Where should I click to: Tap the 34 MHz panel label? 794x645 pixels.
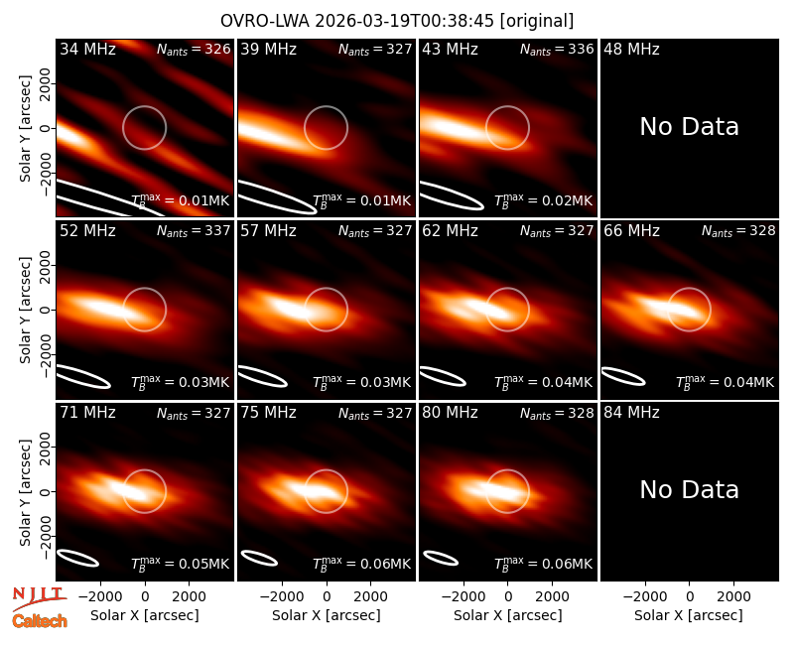(x=87, y=49)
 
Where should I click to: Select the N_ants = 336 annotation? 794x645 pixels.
(x=557, y=49)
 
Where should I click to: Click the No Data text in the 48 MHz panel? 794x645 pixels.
(x=689, y=126)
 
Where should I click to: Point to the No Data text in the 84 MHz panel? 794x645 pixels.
(x=689, y=489)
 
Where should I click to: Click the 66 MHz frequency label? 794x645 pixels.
(x=631, y=231)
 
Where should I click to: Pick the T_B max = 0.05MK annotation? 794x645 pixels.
(x=181, y=564)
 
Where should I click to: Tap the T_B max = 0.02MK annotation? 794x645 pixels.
(x=543, y=200)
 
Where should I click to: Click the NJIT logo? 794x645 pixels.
(x=39, y=597)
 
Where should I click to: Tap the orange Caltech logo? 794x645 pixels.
(x=40, y=621)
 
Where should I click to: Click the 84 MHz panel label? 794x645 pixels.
(x=631, y=413)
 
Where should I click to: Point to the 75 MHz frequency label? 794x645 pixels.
(x=268, y=413)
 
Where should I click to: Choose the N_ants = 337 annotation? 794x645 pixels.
(x=194, y=231)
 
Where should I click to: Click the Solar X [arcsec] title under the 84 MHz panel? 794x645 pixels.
(x=689, y=615)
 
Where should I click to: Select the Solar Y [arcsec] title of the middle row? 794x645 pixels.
(x=25, y=310)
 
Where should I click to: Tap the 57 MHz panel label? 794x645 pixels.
(x=268, y=231)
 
